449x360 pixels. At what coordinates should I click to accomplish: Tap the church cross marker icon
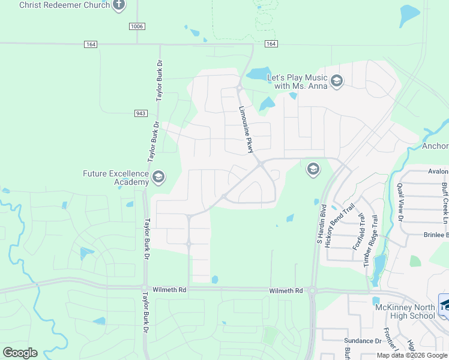[119, 5]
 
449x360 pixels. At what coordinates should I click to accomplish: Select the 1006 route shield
[137, 26]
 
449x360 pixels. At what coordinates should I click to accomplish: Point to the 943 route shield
[140, 113]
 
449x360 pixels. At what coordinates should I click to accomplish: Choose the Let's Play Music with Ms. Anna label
[297, 82]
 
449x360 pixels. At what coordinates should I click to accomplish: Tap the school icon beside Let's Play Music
[337, 81]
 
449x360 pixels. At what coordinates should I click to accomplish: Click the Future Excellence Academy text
[115, 178]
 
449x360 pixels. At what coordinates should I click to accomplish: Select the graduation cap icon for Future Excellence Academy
[158, 177]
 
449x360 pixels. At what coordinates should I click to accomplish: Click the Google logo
[20, 352]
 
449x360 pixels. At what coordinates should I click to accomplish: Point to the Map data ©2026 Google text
[412, 355]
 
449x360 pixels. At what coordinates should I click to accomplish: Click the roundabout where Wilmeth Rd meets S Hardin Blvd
[312, 290]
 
